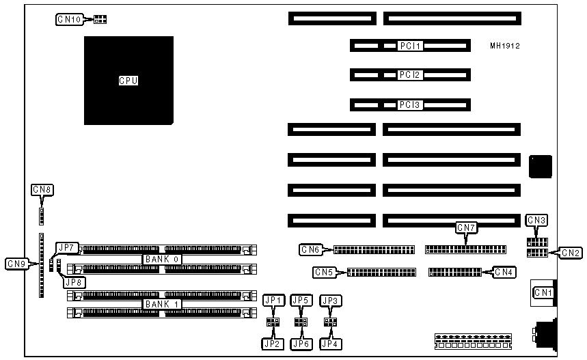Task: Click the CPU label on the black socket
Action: [x=128, y=81]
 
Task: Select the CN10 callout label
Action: [x=69, y=20]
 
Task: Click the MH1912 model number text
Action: [x=505, y=46]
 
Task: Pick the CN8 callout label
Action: [x=42, y=189]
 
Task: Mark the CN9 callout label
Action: [x=16, y=264]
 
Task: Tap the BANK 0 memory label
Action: [x=162, y=260]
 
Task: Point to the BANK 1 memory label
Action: [x=162, y=304]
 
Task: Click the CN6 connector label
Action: [x=311, y=249]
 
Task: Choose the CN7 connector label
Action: [x=466, y=227]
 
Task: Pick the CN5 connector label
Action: [x=325, y=273]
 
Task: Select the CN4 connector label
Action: [x=504, y=273]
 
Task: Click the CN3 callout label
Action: [x=536, y=220]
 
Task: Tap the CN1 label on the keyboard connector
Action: [x=543, y=293]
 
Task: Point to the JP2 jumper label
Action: [x=273, y=344]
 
